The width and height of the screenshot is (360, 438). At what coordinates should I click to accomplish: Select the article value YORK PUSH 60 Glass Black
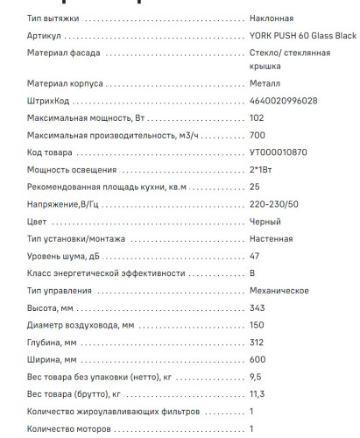coord(303,36)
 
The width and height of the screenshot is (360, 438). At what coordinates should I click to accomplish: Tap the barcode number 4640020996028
coord(283,101)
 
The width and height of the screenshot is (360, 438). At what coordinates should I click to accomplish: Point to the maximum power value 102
coord(257,117)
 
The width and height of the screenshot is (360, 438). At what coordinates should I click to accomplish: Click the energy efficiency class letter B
coord(252,272)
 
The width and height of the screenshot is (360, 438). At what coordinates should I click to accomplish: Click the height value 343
coord(257,308)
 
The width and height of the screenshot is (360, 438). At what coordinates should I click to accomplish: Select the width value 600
coord(257,359)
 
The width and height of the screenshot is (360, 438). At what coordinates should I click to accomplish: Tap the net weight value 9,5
coord(255,376)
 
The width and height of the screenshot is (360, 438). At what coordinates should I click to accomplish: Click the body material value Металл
coord(265,84)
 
